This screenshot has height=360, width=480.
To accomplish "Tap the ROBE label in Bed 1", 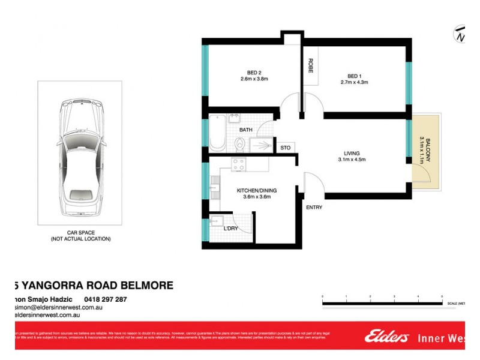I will [311, 65].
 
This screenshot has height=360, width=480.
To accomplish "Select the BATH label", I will [246, 130].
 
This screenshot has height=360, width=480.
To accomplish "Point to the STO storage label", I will [285, 147].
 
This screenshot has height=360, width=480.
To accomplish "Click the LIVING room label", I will [352, 153].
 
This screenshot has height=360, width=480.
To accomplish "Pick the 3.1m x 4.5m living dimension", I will [352, 160].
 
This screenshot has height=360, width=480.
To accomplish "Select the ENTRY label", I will [314, 208].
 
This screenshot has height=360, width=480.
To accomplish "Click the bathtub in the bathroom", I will [216, 133].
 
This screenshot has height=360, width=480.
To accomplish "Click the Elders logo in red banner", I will [387, 337].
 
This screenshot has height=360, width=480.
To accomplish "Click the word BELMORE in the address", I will [145, 286].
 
